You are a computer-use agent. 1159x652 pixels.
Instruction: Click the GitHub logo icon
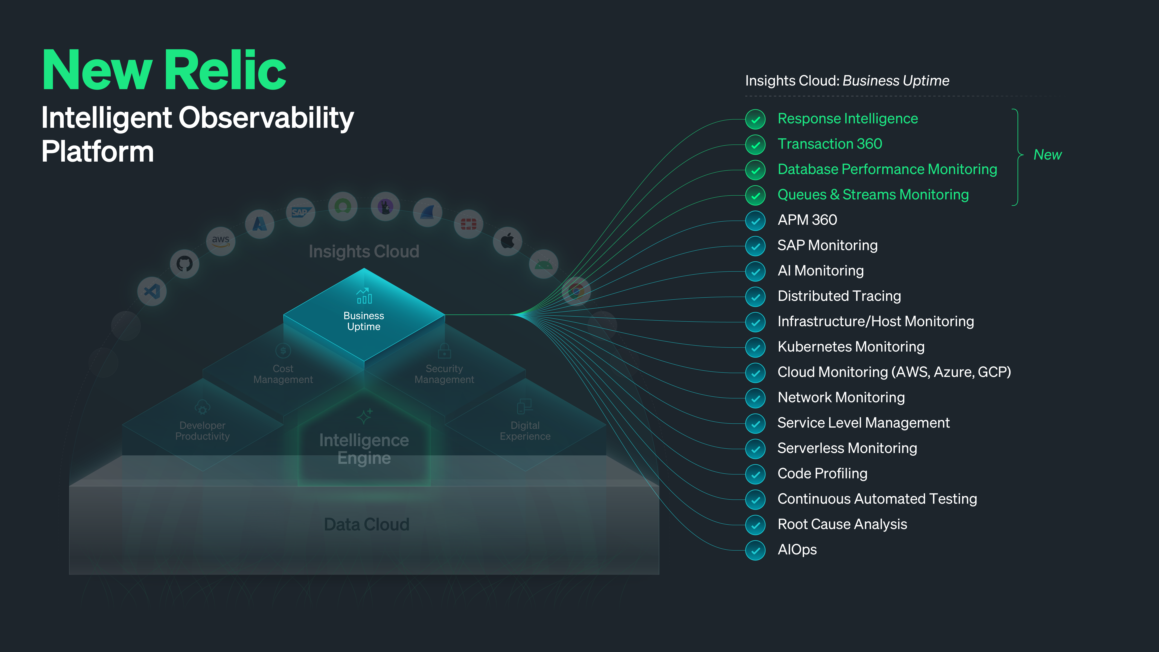[x=185, y=264]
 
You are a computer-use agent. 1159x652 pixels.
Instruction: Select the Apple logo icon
[x=507, y=241]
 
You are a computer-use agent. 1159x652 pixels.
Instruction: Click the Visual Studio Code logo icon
[x=152, y=292]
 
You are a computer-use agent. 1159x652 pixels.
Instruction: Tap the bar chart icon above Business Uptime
[x=364, y=296]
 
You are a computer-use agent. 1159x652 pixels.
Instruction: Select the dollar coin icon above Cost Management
[x=283, y=351]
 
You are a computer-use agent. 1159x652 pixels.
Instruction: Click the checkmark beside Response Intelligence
[x=755, y=119]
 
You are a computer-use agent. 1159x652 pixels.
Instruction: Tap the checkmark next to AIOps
[x=755, y=550]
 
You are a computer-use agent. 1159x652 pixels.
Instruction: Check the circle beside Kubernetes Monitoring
[x=755, y=347]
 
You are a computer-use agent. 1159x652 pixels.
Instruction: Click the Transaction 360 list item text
[x=830, y=144]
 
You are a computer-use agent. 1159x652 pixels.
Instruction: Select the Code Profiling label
[x=822, y=473]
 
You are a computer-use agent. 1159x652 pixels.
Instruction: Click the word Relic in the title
[x=225, y=70]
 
